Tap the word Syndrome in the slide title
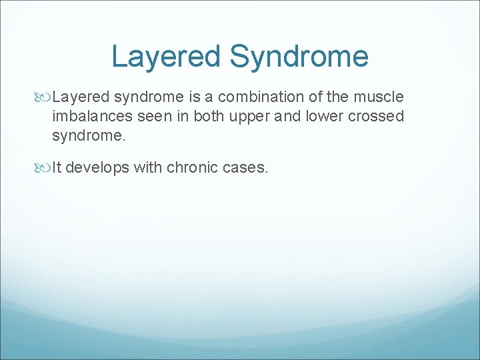pos(299,57)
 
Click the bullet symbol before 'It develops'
pos(45,168)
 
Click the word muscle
pos(381,97)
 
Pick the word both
pos(209,116)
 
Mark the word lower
pos(318,116)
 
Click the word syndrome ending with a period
pos(87,136)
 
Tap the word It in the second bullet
pos(57,167)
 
